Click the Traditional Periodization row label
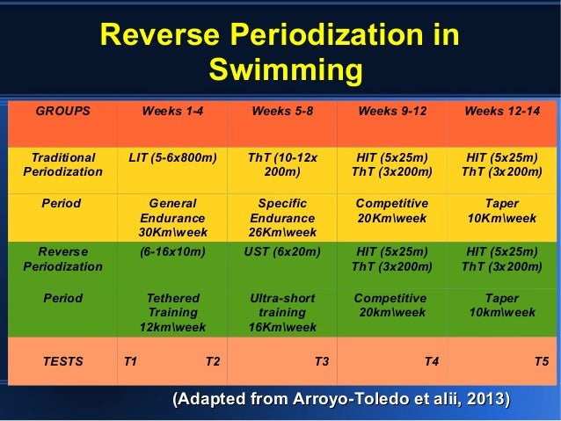tap(62, 164)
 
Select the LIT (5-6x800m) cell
tap(172, 157)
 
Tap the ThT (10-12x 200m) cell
tap(281, 164)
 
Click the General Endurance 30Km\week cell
tap(172, 217)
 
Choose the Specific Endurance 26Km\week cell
tap(281, 217)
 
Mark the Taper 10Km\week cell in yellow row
tap(501, 210)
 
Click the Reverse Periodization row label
tap(62, 258)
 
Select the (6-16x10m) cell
tap(172, 251)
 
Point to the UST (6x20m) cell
tap(281, 251)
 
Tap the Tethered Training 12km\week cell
tap(172, 312)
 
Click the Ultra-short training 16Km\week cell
tap(281, 312)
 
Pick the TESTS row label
tap(62, 360)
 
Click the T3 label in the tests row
tap(322, 360)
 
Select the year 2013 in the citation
tap(488, 400)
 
